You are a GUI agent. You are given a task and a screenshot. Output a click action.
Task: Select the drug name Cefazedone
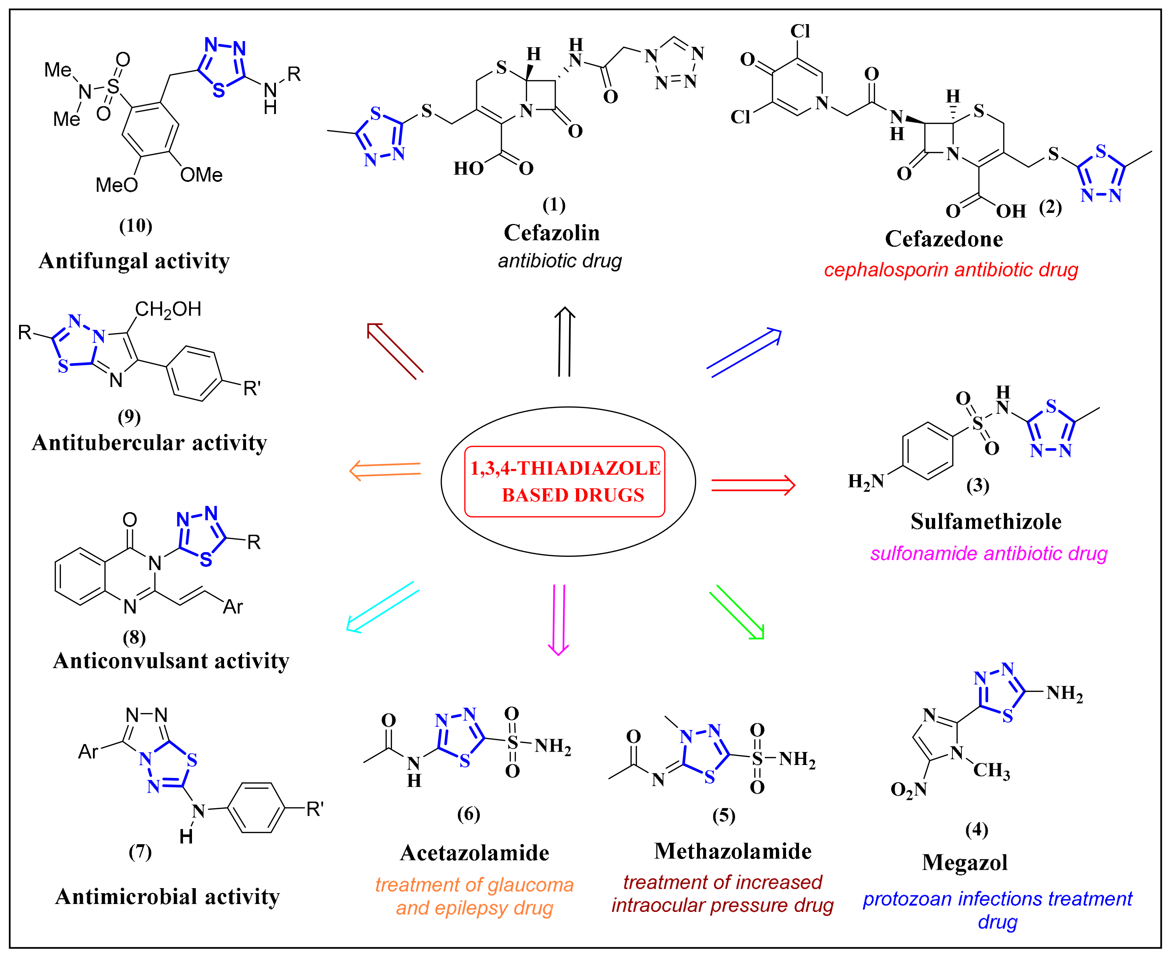point(944,239)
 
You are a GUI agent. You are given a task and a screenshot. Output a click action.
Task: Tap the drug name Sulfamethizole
point(986,521)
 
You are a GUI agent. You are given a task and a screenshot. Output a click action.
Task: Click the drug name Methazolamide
point(732,851)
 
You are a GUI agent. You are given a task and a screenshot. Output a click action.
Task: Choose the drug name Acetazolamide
point(475,852)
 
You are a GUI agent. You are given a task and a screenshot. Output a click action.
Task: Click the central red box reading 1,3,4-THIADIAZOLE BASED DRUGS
point(564,481)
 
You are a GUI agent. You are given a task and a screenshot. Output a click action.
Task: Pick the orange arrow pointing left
point(385,470)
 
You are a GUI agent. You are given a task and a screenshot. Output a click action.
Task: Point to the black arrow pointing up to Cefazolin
point(564,342)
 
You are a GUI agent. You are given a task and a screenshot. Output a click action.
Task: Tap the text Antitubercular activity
point(149,443)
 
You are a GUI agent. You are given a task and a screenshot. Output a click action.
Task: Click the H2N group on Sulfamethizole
point(865,481)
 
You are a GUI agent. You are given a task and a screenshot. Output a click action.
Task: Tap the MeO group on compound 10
point(116,185)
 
